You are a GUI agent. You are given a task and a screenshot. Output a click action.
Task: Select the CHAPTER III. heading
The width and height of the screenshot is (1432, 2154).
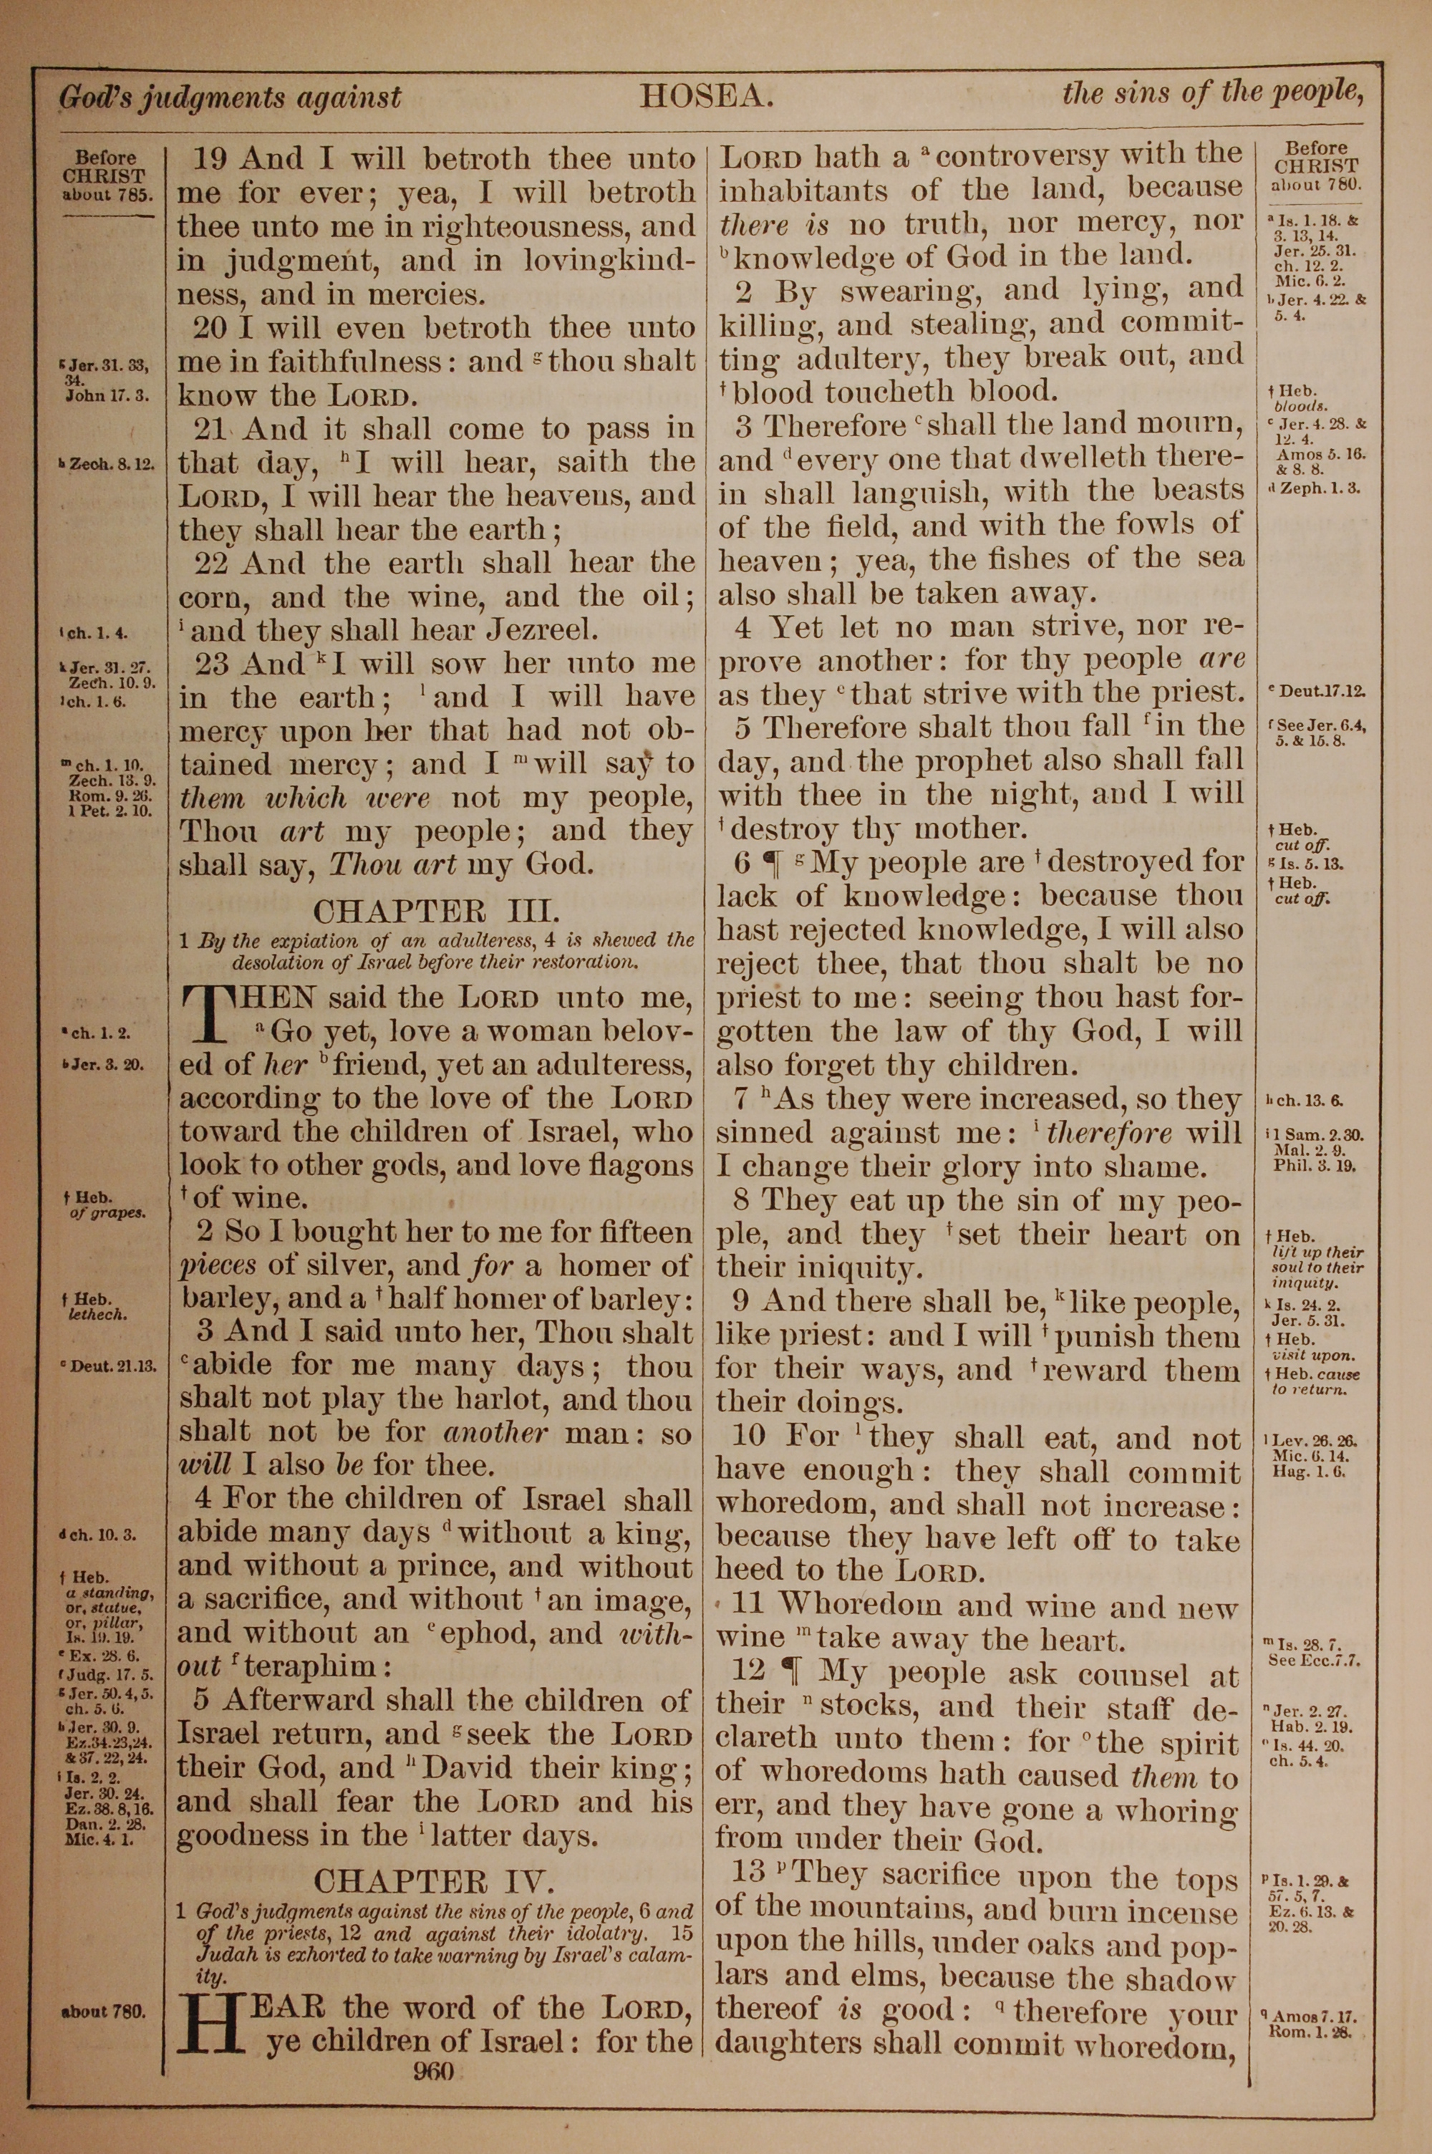[434, 910]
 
